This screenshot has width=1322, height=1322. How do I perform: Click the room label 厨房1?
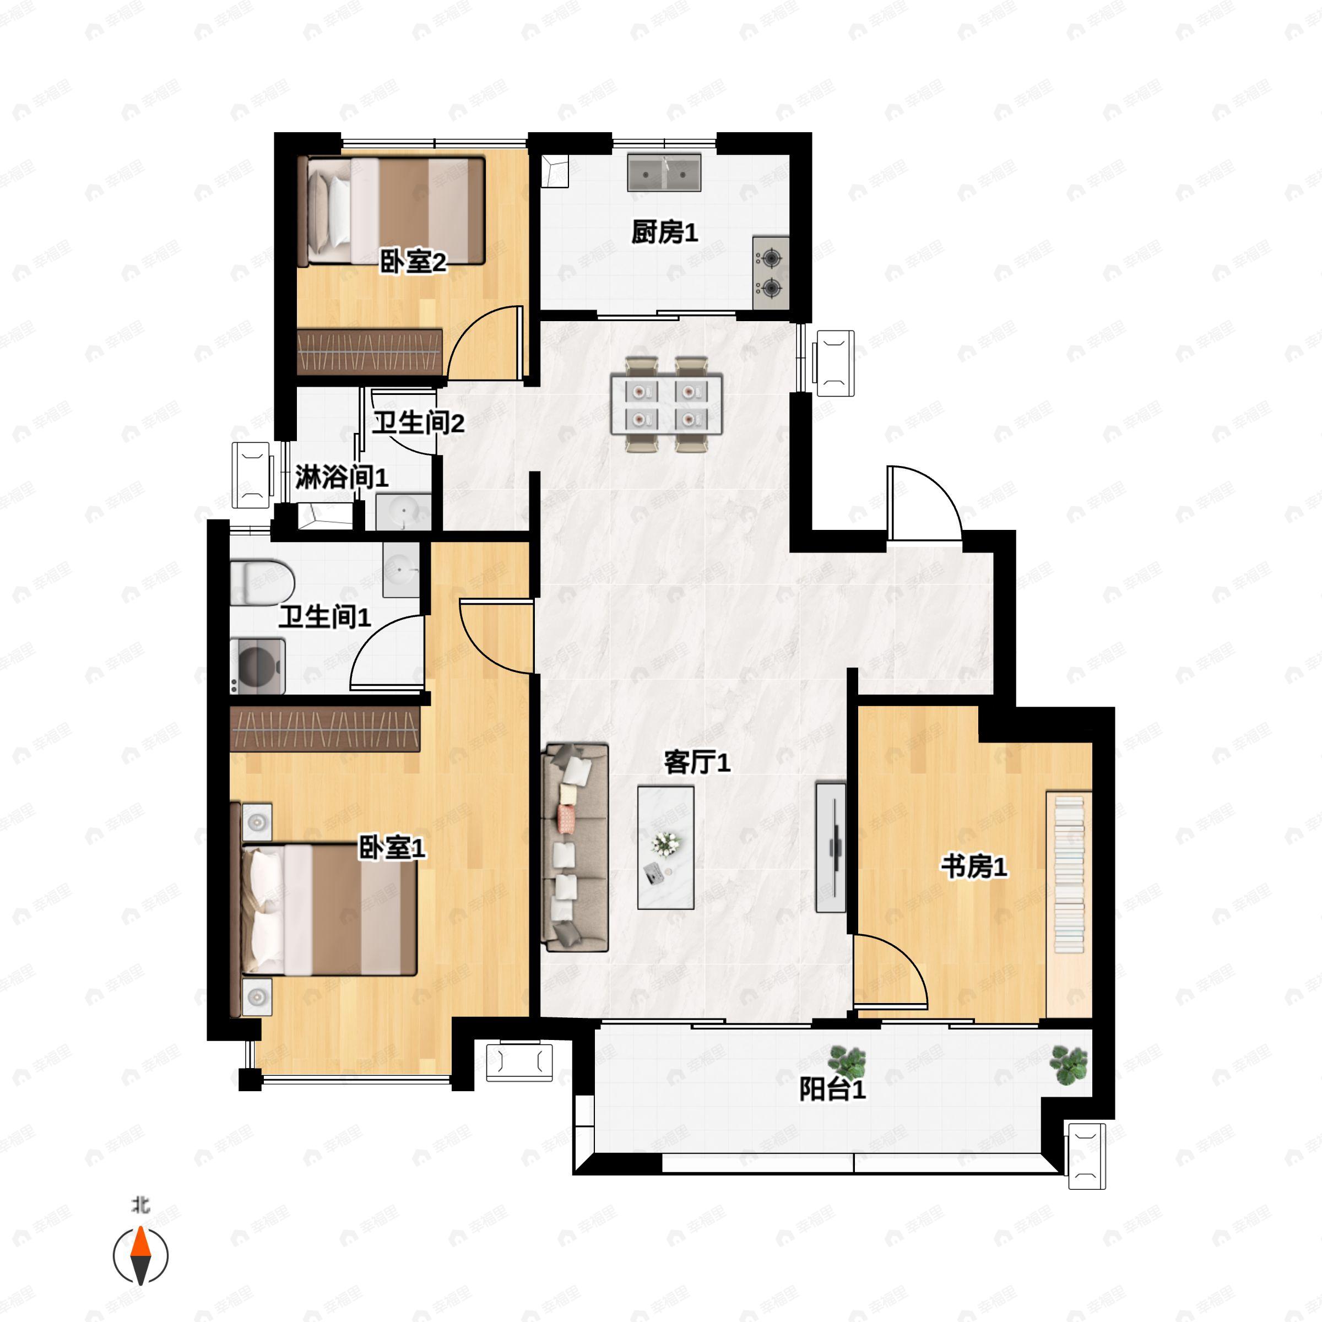tap(664, 232)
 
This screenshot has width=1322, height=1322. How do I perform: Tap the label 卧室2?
tap(413, 262)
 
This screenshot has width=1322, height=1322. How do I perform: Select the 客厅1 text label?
tap(697, 762)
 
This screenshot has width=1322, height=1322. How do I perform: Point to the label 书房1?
tap(974, 867)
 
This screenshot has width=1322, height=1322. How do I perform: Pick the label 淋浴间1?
tap(342, 477)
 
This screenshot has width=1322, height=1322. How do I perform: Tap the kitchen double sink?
tap(664, 172)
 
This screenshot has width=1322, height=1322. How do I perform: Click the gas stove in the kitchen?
tap(771, 272)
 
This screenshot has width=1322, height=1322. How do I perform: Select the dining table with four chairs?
tap(667, 404)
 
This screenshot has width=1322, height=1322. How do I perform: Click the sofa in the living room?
tap(575, 848)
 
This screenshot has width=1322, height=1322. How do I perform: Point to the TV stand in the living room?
tap(831, 847)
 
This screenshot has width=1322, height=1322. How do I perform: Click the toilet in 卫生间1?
tap(262, 583)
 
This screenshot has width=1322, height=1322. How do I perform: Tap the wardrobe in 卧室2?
tap(370, 352)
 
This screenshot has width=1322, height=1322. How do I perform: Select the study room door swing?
tap(890, 972)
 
